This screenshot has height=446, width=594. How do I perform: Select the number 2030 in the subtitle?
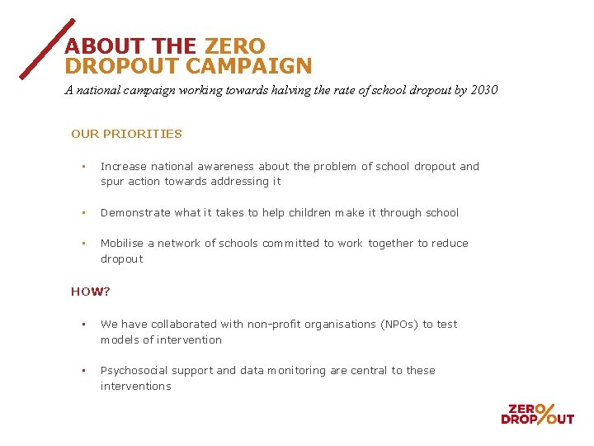pyautogui.click(x=483, y=90)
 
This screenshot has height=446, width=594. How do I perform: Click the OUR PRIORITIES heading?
pyautogui.click(x=126, y=134)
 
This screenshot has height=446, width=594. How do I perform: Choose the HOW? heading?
pyautogui.click(x=91, y=292)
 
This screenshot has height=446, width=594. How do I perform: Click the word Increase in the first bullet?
pyautogui.click(x=124, y=166)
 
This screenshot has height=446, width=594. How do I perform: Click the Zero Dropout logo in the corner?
pyautogui.click(x=537, y=413)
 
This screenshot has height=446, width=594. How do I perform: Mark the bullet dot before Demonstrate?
pyautogui.click(x=84, y=212)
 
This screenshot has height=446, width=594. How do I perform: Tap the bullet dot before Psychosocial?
pyautogui.click(x=84, y=370)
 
